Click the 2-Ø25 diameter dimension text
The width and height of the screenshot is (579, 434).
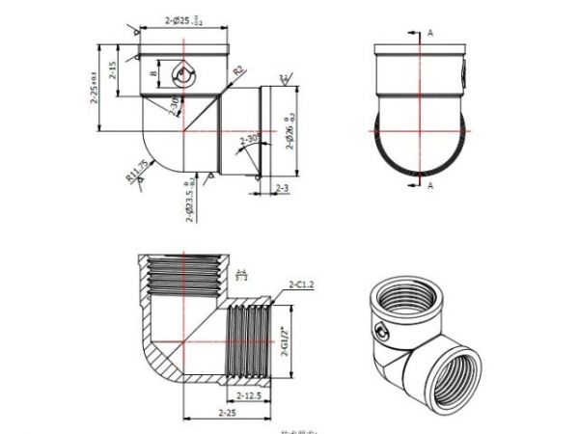(181, 19)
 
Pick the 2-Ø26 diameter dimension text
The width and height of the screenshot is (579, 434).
(287, 131)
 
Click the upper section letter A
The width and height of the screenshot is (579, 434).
(429, 32)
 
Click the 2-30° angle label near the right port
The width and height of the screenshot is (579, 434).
(248, 140)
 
